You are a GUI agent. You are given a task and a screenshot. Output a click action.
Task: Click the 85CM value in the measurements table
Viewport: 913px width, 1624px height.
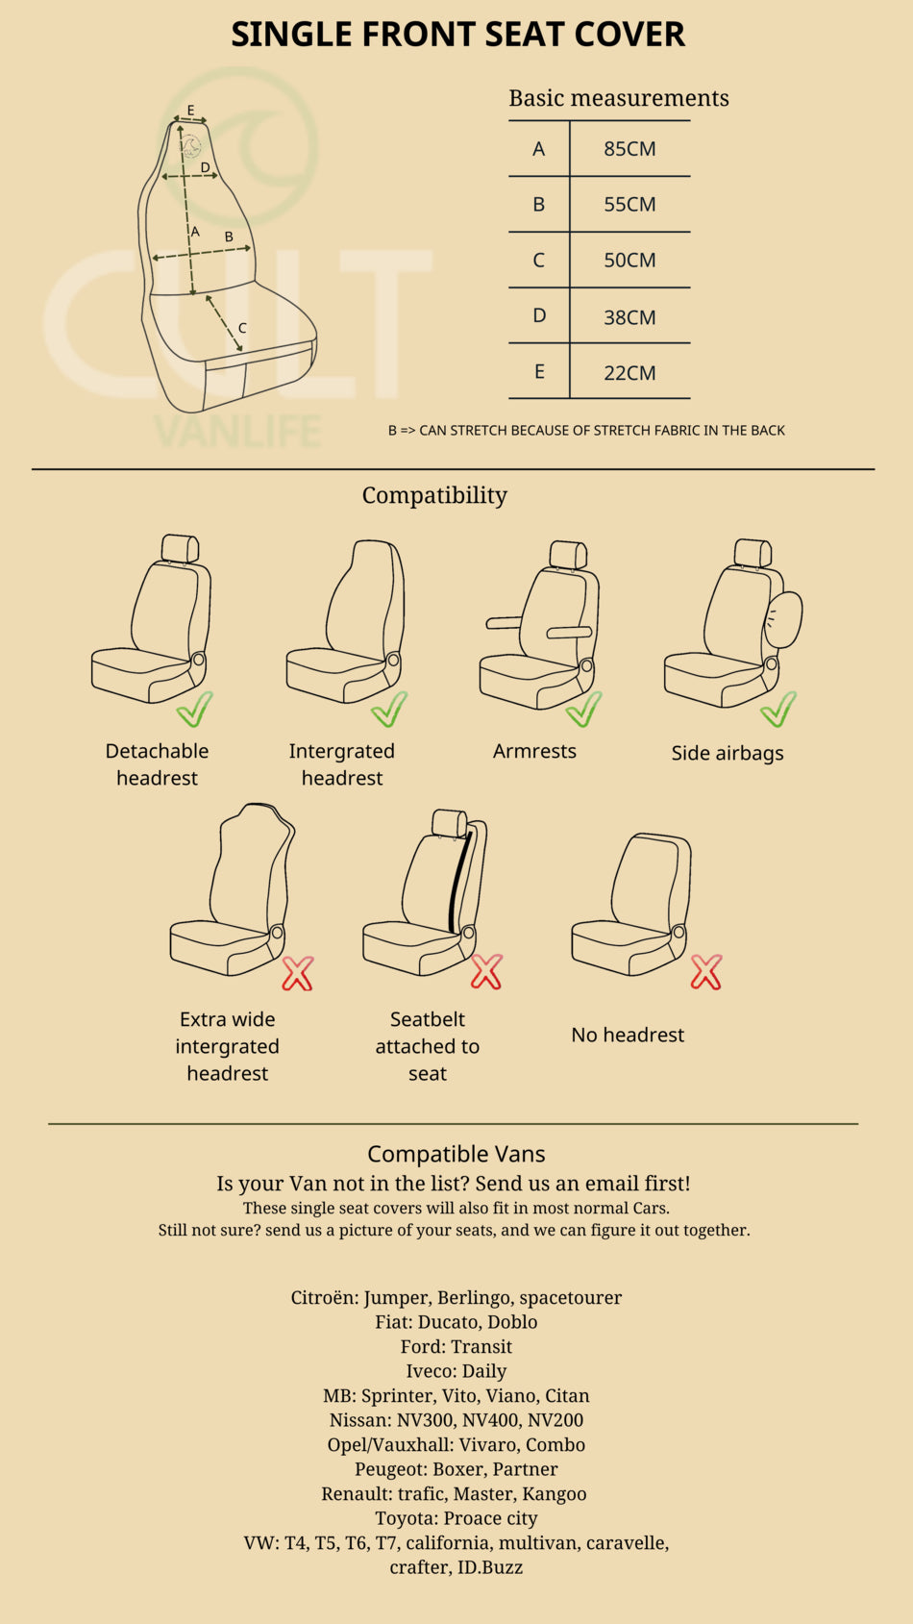tap(629, 149)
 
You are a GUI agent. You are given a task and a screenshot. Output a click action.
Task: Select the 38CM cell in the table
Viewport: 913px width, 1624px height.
tap(629, 317)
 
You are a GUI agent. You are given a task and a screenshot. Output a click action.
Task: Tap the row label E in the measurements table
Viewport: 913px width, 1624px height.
tap(539, 372)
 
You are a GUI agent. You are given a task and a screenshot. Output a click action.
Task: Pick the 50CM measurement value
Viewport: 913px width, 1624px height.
tap(629, 261)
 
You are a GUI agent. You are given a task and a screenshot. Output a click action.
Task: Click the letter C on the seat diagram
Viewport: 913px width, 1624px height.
tap(242, 328)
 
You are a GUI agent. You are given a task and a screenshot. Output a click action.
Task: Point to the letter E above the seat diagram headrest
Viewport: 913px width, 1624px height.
tap(190, 111)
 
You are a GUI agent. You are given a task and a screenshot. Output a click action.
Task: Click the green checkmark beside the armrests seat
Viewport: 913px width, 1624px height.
tap(584, 709)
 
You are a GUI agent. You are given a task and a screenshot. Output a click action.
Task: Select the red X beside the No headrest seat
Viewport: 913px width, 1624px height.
tap(705, 971)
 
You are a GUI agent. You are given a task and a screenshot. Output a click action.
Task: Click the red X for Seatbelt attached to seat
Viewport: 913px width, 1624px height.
tap(486, 971)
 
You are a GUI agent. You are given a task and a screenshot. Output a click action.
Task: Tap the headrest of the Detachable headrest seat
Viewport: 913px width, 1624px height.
tap(180, 549)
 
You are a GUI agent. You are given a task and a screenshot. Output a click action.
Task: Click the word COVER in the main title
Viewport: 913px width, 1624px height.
tap(629, 34)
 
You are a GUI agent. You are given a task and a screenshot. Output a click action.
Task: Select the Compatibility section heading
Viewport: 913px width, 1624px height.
tap(434, 495)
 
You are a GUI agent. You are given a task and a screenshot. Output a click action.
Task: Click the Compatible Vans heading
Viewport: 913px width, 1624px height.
tap(456, 1154)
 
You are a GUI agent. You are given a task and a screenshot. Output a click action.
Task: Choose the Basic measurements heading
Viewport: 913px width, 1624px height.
tap(619, 98)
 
